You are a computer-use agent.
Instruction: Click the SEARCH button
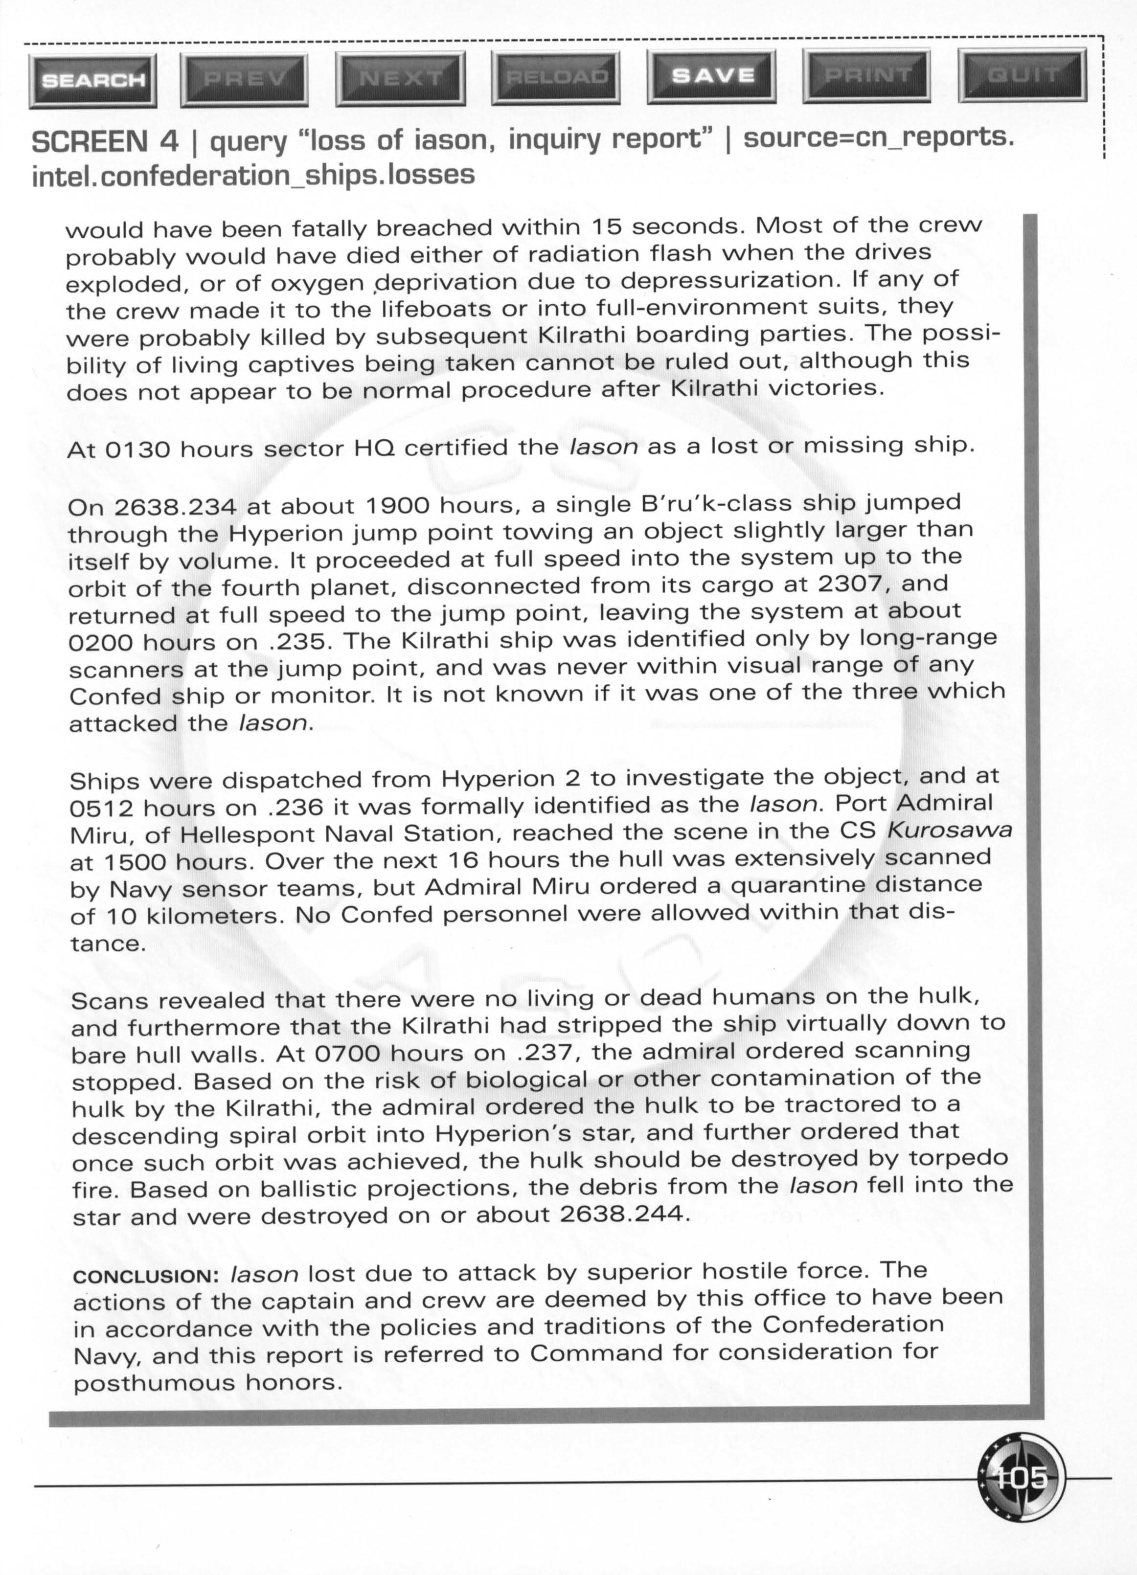tap(93, 81)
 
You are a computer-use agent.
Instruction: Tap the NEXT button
tap(400, 78)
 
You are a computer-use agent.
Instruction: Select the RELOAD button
tap(556, 77)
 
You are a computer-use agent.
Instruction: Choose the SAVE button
tap(713, 76)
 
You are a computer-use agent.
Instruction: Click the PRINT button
tap(867, 75)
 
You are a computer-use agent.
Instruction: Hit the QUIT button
tap(1023, 74)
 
